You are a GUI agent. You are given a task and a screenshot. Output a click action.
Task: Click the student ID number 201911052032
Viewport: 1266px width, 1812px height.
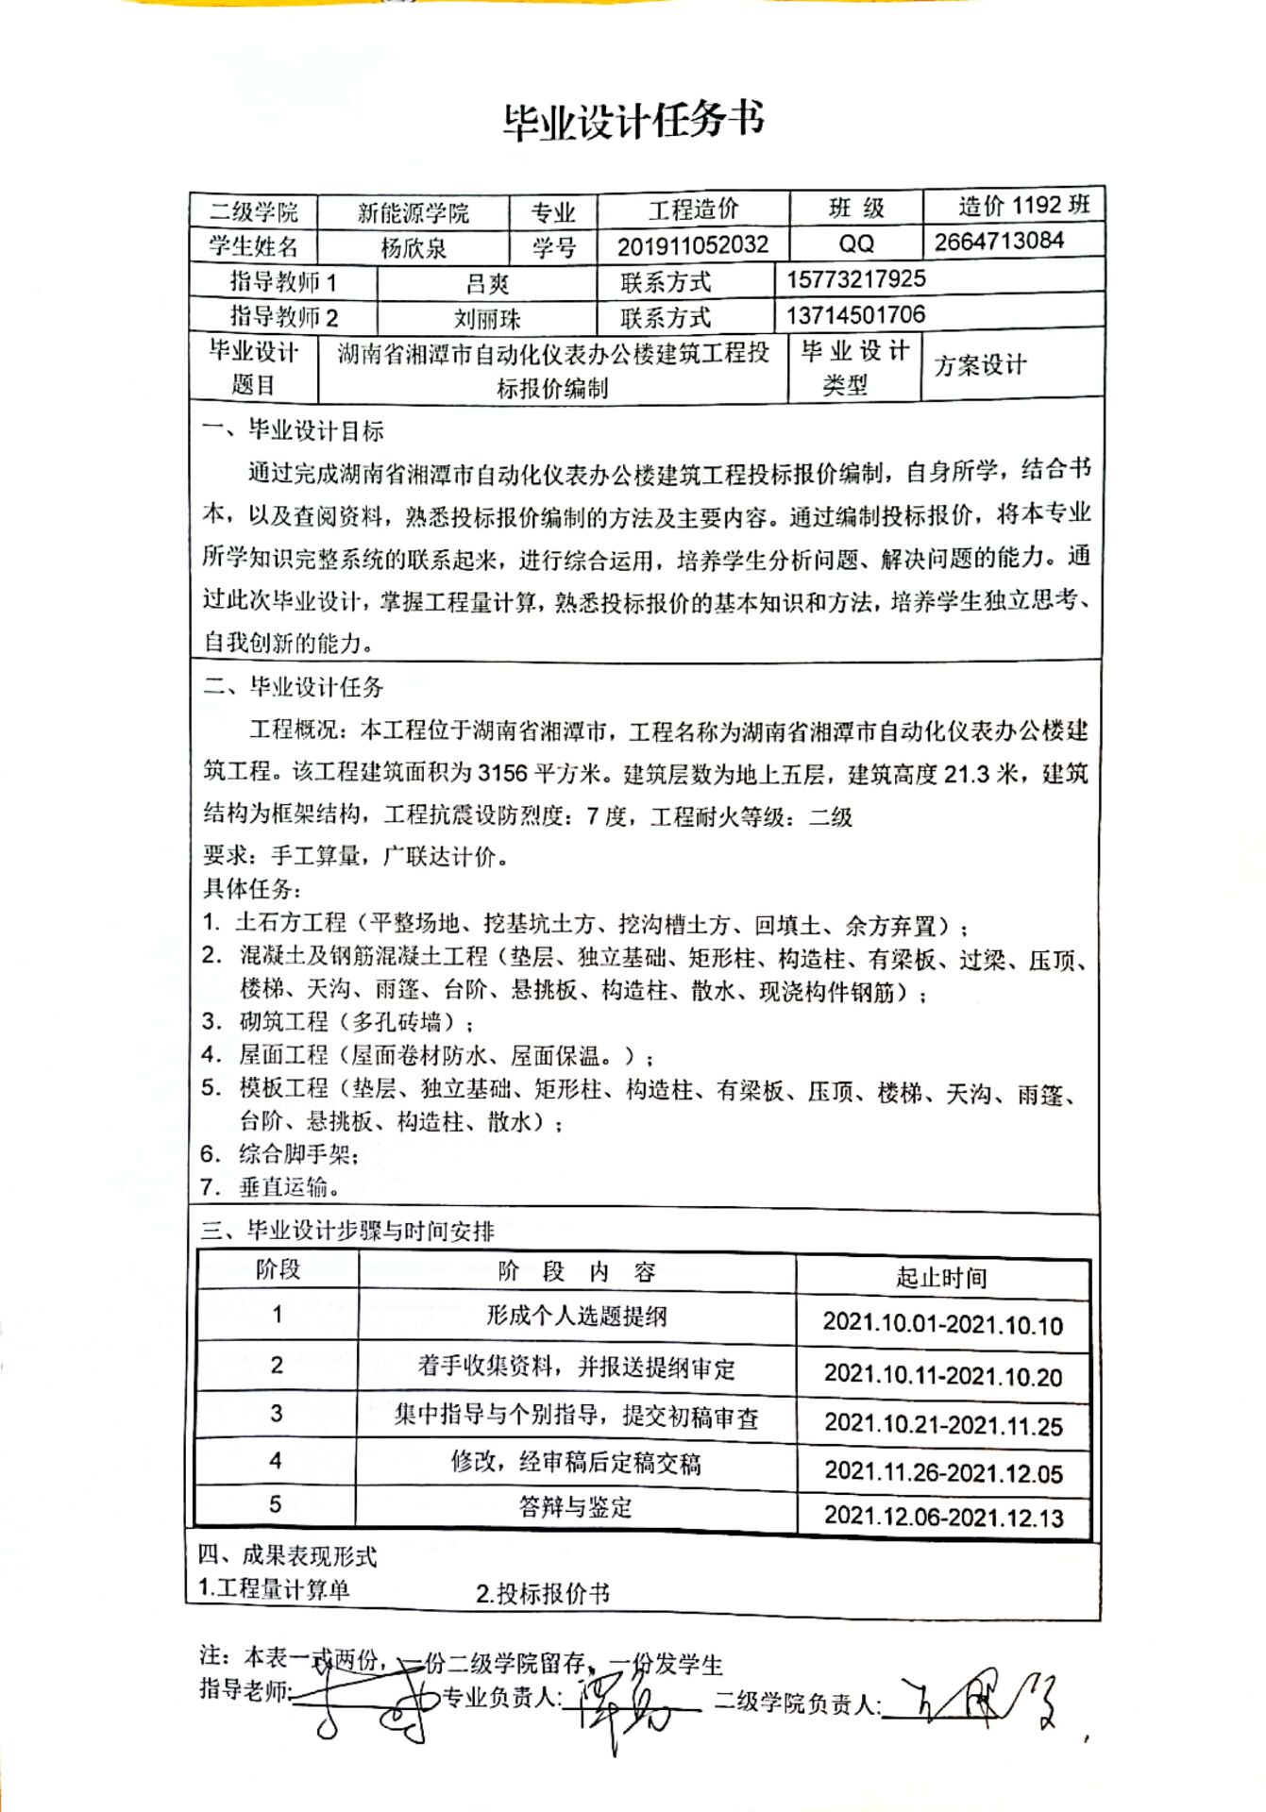[x=692, y=246]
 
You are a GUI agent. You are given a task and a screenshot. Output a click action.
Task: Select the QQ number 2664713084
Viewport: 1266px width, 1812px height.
[x=999, y=242]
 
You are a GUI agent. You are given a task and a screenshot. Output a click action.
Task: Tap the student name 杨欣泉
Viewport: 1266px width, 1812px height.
[x=413, y=248]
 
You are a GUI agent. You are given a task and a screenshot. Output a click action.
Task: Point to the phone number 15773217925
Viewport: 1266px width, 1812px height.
[x=855, y=279]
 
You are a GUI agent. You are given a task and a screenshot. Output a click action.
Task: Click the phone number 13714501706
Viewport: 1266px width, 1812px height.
[x=855, y=315]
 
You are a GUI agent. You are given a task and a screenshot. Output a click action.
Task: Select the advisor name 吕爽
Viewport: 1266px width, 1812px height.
[x=487, y=283]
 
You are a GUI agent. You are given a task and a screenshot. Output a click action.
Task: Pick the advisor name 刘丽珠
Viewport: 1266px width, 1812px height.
[x=487, y=319]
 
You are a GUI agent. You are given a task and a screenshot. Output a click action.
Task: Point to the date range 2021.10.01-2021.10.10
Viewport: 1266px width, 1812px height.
[x=942, y=1324]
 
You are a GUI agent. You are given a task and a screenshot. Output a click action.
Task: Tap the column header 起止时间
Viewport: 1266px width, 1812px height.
[x=941, y=1278]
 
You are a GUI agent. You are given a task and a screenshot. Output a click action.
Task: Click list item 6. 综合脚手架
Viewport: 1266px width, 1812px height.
[x=279, y=1153]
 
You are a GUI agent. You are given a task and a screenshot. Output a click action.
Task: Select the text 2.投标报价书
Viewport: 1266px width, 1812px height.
[x=543, y=1594]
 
